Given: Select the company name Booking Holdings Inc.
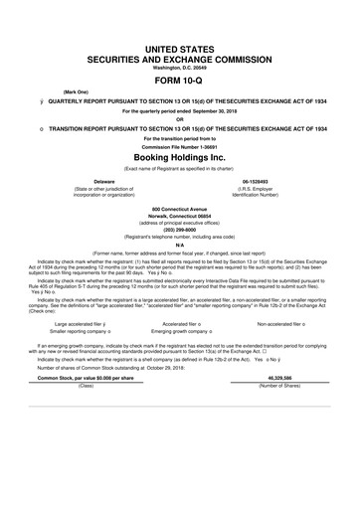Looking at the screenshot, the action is coord(179,157).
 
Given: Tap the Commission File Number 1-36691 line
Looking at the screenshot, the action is coord(179,146).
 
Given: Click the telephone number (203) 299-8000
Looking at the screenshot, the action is coord(179,241).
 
